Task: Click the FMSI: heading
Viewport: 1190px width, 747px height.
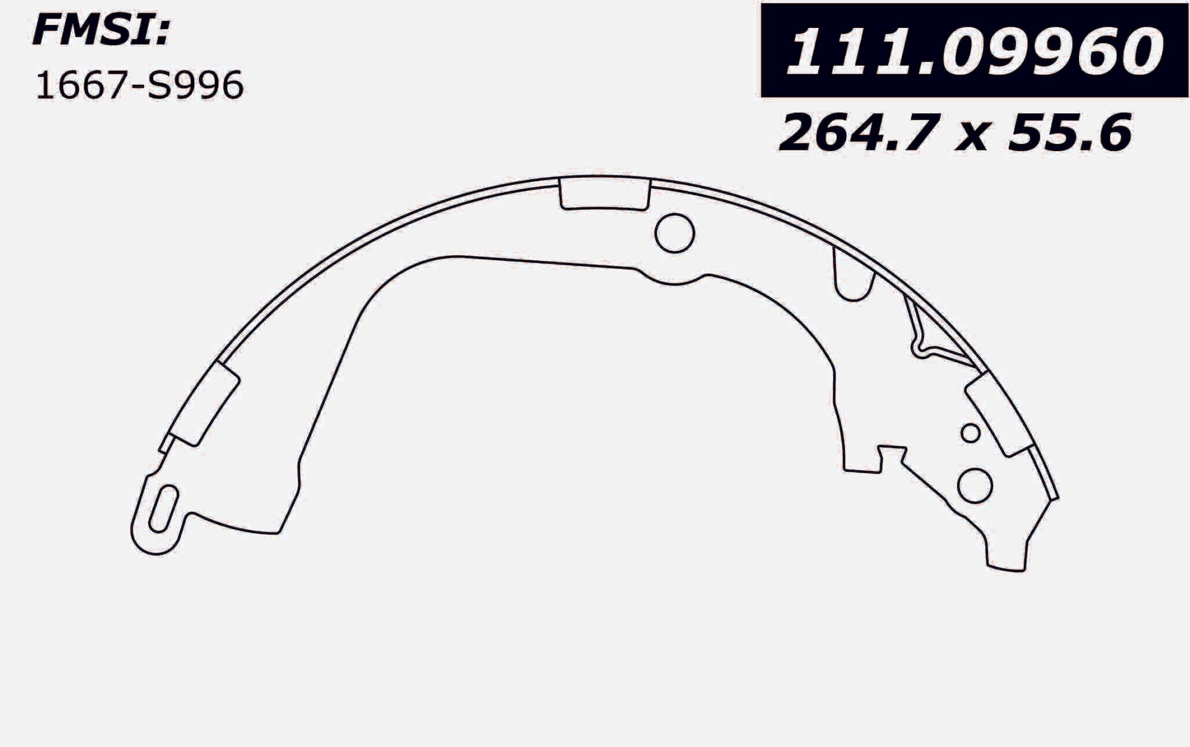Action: (101, 31)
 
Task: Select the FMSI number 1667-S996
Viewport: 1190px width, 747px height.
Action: (139, 86)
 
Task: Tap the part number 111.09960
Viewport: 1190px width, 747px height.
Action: (974, 51)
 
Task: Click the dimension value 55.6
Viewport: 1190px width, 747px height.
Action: (1070, 133)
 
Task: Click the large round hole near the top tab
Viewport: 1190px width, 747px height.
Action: (675, 233)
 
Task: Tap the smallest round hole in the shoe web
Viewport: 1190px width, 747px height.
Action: (970, 433)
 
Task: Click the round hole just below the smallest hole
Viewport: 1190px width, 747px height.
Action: (974, 485)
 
